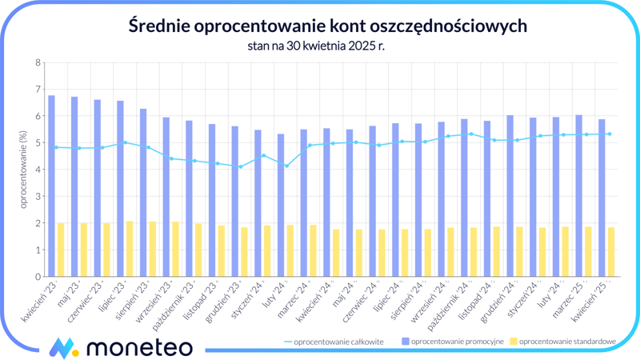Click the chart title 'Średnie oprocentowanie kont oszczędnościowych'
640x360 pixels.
point(327,26)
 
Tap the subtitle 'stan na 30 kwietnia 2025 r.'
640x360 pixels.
point(327,46)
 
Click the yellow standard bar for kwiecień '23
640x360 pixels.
point(61,250)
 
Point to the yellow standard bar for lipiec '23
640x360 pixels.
point(130,249)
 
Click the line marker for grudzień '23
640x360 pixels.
point(240,166)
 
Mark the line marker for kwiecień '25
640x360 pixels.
point(610,134)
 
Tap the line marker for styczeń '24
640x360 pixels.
point(263,155)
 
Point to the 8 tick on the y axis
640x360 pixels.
point(38,62)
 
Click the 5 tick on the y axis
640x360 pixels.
point(38,143)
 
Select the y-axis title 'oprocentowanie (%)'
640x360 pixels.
point(23,170)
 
